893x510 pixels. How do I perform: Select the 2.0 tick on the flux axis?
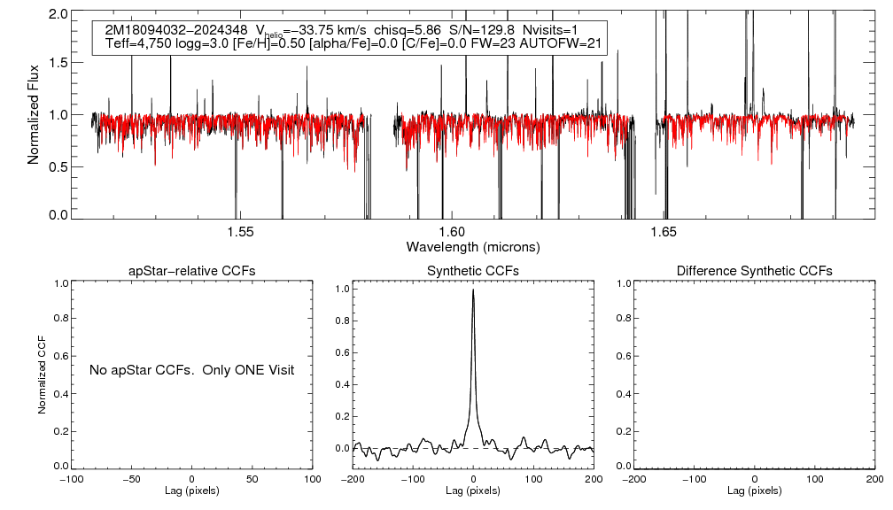tap(58, 15)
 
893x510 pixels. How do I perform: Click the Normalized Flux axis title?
tap(34, 115)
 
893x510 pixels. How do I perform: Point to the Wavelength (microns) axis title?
tap(473, 246)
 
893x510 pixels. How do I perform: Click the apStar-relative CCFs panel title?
tap(192, 271)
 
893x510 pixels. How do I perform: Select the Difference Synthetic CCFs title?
tap(754, 271)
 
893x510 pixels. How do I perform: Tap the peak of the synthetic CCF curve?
tap(474, 290)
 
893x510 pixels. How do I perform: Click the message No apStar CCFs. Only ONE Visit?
tap(191, 369)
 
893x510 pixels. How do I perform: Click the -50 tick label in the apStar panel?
tap(131, 479)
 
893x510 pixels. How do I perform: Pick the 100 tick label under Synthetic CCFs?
tap(534, 479)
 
